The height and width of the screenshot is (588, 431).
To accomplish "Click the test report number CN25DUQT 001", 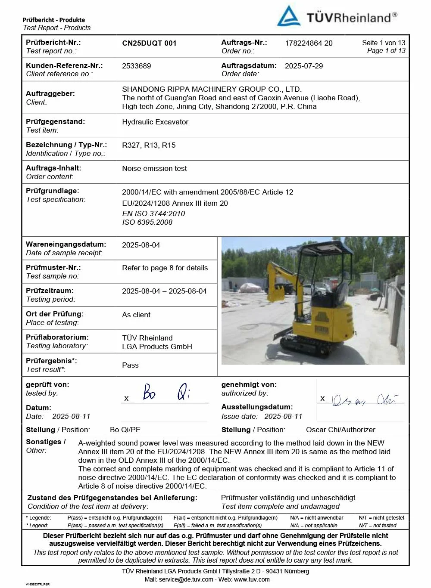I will [149, 43].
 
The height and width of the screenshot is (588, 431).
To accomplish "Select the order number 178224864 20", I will [309, 43].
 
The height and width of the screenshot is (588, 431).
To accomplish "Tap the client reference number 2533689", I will [137, 66].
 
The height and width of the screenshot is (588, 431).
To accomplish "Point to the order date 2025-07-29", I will [303, 66].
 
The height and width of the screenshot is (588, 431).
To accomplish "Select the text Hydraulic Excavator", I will [155, 122].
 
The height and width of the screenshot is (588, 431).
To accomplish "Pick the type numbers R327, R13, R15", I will [149, 145].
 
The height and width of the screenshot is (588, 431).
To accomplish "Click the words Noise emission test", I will [154, 168].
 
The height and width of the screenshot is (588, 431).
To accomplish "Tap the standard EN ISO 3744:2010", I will [153, 214].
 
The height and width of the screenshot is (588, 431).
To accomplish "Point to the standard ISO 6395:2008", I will [147, 222].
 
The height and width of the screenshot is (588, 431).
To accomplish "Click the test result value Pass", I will [130, 365].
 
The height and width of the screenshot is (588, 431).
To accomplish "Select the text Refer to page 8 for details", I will [165, 268].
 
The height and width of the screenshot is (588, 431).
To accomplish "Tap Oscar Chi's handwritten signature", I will [364, 400].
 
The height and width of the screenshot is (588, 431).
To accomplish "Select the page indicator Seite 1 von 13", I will [384, 43].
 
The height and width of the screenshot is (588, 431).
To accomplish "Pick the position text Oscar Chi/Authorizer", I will [340, 430].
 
